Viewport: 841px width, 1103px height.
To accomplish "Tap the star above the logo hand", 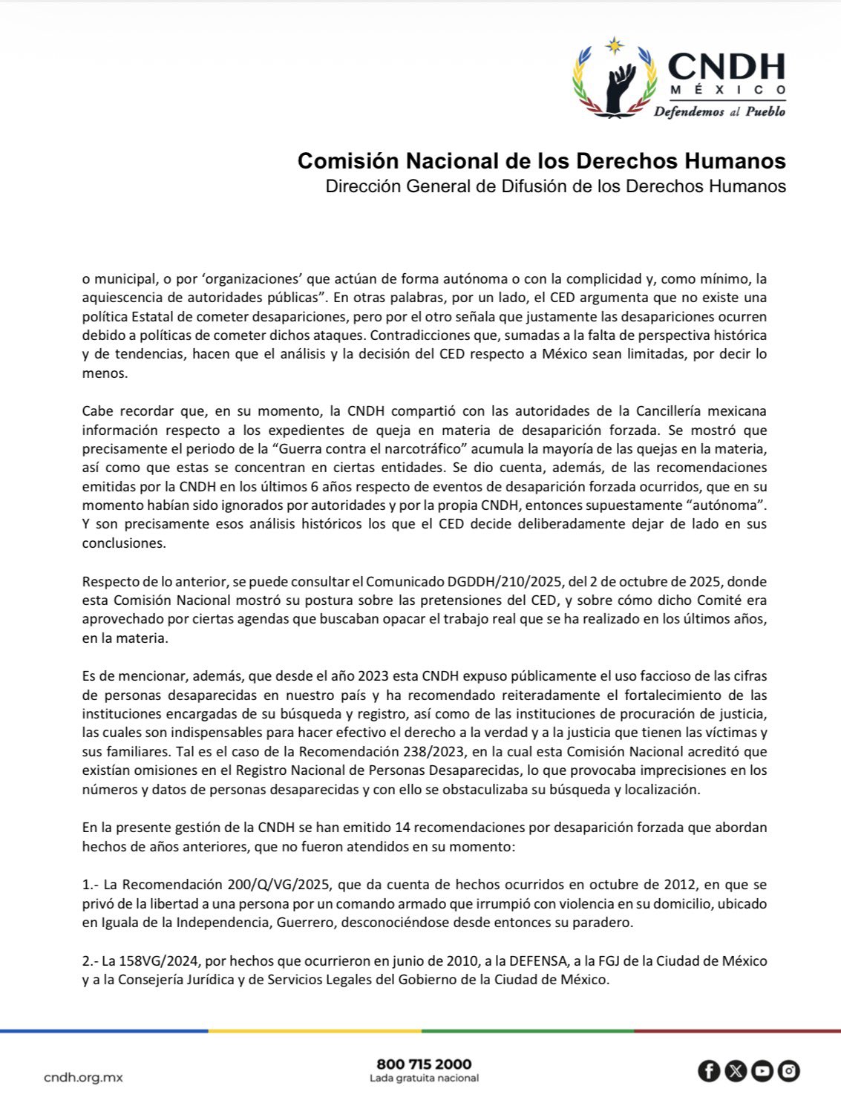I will (614, 46).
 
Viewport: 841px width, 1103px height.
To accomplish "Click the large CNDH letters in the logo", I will (726, 67).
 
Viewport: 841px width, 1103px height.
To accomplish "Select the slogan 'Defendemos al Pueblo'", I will (719, 112).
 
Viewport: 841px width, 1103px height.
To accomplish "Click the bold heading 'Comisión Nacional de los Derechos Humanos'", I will (541, 160).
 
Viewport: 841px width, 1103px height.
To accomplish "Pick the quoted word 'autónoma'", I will (724, 505).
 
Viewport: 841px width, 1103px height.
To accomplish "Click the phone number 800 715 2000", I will (424, 1064).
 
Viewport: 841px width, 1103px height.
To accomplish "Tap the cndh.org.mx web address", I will (83, 1077).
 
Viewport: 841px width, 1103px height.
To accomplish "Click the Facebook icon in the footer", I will (709, 1071).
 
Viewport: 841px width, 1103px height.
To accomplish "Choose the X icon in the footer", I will (736, 1071).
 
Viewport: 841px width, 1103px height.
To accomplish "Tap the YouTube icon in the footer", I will (762, 1071).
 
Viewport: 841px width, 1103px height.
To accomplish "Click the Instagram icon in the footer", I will (789, 1071).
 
